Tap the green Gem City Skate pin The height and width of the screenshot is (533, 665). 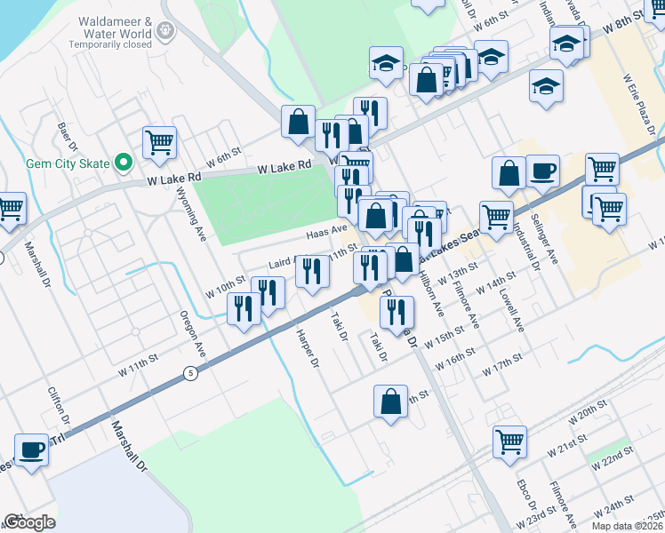pyautogui.click(x=124, y=163)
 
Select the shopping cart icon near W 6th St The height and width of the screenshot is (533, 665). pyautogui.click(x=159, y=142)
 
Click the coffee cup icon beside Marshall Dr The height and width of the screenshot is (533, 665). pyautogui.click(x=32, y=450)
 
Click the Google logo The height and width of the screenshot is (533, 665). pyautogui.click(x=29, y=521)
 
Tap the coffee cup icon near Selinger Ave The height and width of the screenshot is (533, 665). pyautogui.click(x=542, y=171)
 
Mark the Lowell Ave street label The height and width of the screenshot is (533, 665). pyautogui.click(x=511, y=308)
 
